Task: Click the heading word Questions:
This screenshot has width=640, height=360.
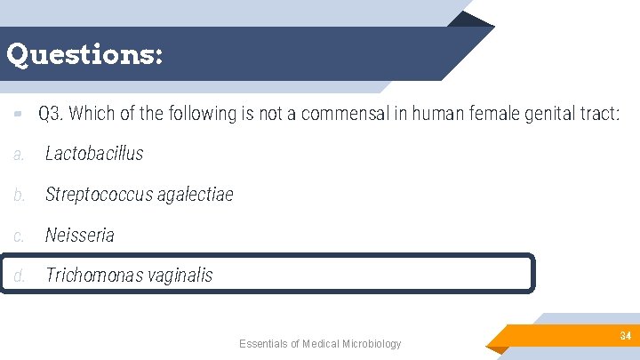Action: tap(84, 55)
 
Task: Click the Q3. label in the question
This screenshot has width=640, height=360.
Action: tap(50, 114)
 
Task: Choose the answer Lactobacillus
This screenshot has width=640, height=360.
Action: tap(94, 154)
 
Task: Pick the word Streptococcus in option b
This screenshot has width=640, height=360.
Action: tap(99, 195)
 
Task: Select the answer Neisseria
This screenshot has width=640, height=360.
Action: tap(80, 236)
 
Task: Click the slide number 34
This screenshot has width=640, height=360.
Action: tap(625, 336)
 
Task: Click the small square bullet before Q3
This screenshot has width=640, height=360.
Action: tap(17, 115)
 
